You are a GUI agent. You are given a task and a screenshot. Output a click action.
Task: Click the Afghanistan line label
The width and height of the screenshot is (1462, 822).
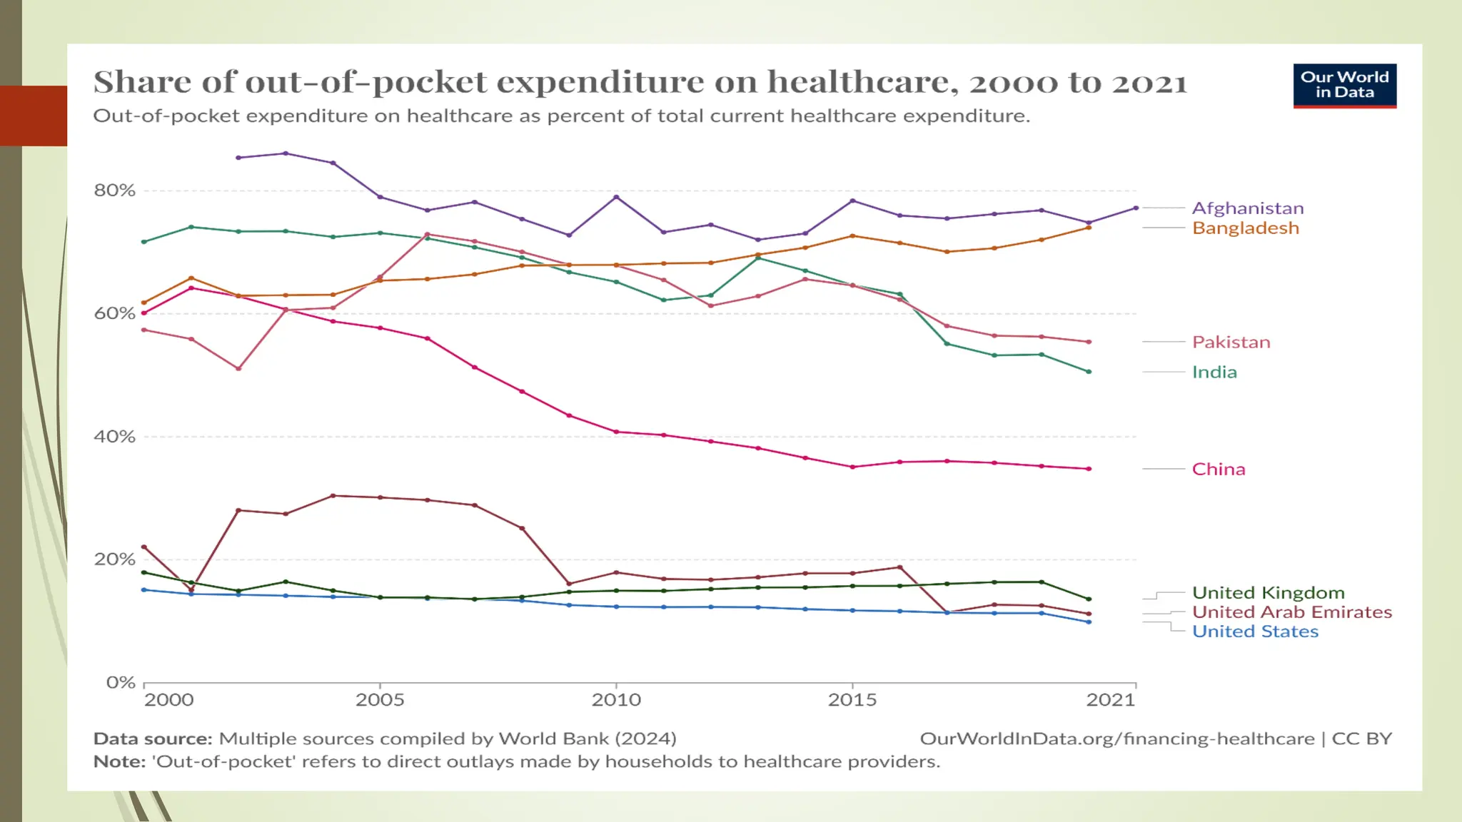tap(1247, 208)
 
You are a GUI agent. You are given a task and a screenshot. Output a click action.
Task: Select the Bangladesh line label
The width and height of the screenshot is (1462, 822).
tap(1245, 228)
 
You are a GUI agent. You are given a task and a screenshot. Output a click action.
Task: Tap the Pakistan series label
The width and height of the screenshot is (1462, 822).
tap(1231, 342)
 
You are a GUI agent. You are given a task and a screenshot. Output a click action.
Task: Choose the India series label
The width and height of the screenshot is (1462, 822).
tap(1214, 372)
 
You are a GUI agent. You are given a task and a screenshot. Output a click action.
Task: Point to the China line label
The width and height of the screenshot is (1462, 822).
tap(1218, 470)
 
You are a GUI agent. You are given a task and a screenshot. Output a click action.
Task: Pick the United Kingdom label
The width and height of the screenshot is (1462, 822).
tap(1268, 593)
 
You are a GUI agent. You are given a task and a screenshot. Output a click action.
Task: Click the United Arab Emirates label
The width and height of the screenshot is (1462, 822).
tap(1291, 612)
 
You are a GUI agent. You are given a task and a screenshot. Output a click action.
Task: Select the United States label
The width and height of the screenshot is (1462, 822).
tap(1255, 631)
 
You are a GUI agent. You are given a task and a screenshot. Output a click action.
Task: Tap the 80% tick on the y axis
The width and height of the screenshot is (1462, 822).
tap(114, 191)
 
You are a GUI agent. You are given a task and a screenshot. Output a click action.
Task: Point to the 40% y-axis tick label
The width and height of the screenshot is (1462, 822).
tap(114, 437)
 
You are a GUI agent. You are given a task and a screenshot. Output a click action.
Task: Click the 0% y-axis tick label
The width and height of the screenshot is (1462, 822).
tap(121, 683)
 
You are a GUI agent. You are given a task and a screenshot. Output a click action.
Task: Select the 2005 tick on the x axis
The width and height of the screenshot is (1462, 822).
tap(380, 700)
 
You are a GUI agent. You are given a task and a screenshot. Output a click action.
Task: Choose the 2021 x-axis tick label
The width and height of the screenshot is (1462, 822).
tap(1110, 700)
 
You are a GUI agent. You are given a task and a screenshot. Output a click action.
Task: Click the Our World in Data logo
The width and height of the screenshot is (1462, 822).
tap(1344, 86)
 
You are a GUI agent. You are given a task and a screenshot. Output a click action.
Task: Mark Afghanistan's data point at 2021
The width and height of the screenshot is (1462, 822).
tap(1136, 208)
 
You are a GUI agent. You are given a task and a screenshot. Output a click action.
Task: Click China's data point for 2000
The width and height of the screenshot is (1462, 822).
tap(144, 313)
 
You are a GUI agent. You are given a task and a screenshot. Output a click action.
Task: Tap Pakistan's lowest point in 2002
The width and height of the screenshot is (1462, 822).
tap(238, 369)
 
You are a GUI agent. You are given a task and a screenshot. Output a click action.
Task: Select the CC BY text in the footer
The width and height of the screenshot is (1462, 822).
tap(1361, 739)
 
